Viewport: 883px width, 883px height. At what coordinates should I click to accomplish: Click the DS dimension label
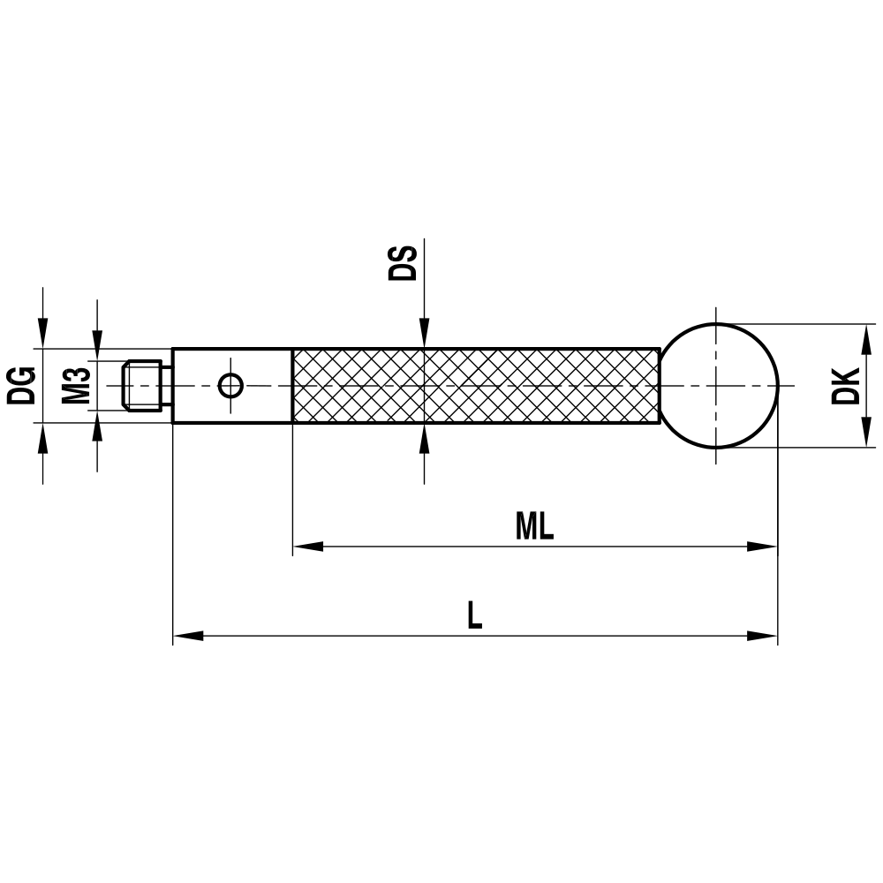tap(403, 263)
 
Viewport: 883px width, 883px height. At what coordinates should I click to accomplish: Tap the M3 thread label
tap(77, 385)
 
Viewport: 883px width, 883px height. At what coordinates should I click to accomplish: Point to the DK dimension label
tap(846, 385)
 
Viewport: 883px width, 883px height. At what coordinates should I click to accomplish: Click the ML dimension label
tap(534, 527)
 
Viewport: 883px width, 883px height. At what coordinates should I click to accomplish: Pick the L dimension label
tap(475, 615)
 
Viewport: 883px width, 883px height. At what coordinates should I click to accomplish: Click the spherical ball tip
tap(719, 385)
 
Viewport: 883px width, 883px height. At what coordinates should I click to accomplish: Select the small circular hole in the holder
tap(230, 385)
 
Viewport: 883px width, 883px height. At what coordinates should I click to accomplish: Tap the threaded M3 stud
tap(143, 385)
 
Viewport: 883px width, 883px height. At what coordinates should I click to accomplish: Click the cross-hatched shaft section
tap(475, 385)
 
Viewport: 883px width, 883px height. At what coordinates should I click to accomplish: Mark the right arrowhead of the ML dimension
tap(763, 547)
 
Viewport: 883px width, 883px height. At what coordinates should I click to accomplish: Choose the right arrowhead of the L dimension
tap(763, 635)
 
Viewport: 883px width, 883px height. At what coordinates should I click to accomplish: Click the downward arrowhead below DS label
tap(424, 336)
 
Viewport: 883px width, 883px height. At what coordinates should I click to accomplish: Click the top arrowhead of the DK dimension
tap(864, 337)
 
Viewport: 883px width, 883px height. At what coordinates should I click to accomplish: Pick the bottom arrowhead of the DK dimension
tap(864, 434)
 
